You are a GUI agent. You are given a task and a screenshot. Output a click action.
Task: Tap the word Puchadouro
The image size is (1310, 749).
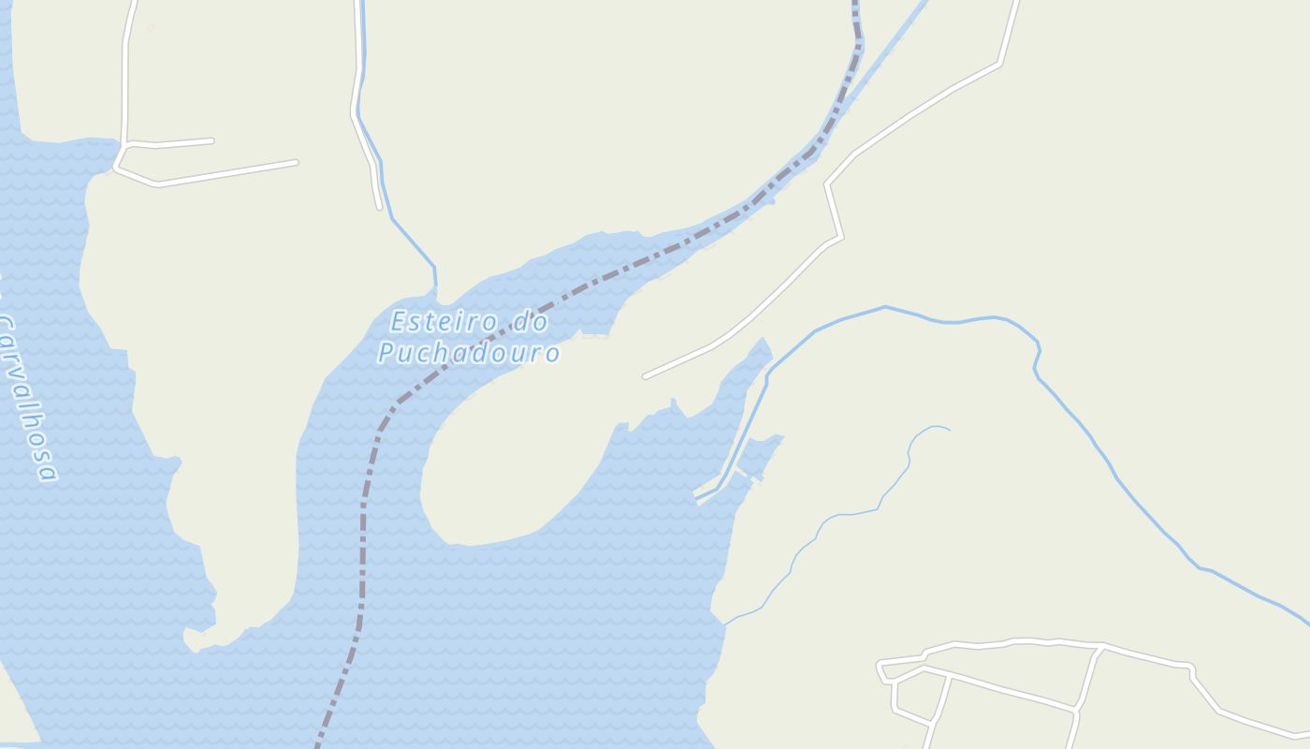point(469,353)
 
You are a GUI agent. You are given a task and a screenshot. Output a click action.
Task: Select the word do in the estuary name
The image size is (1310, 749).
point(530,323)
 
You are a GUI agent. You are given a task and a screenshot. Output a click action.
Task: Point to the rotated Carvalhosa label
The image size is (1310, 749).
point(26,398)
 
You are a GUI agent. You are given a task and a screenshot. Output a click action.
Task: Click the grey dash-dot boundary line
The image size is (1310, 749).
point(363,524)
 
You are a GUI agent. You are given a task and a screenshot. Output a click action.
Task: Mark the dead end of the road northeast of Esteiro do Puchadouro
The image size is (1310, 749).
point(646,376)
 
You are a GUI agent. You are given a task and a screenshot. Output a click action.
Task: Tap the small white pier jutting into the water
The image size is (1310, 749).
point(706,492)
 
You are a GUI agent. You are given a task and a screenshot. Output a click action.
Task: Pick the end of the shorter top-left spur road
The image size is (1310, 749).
point(211,141)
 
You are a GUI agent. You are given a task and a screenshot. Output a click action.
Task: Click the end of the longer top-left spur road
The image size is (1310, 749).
point(296,163)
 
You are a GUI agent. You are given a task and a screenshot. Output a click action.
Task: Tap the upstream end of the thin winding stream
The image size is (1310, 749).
point(948,430)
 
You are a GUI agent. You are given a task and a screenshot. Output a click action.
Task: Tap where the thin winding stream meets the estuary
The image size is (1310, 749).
point(724,624)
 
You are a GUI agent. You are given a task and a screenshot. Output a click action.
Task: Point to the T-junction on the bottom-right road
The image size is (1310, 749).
point(1100,647)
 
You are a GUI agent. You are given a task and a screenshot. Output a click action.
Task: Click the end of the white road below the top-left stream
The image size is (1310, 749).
point(379,207)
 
